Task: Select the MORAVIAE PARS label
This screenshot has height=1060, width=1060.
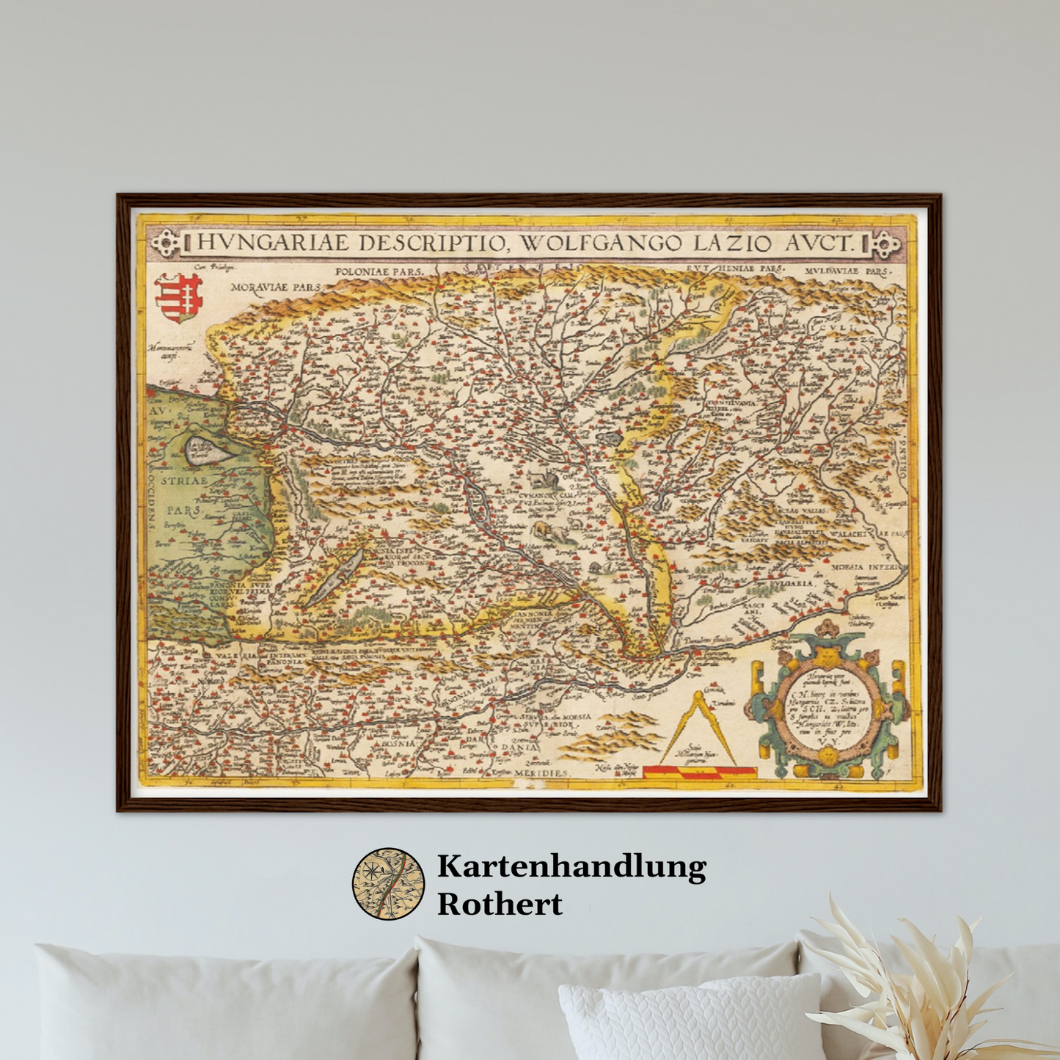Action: [276, 287]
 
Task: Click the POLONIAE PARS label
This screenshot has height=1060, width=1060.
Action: [379, 271]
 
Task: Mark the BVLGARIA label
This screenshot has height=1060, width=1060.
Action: [792, 584]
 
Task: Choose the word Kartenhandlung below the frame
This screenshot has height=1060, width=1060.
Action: [571, 866]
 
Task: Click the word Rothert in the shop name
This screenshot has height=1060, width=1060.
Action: [500, 904]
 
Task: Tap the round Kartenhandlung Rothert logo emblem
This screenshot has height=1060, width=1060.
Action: [388, 884]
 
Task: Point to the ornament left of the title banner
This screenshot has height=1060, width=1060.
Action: [164, 243]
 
